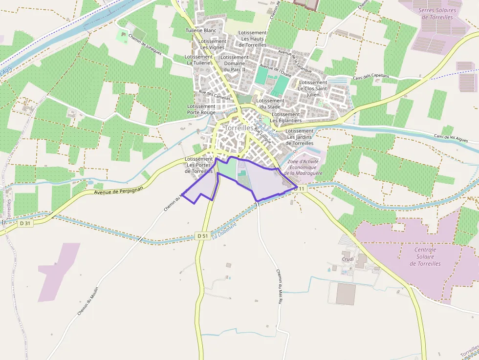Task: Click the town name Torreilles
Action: (239, 128)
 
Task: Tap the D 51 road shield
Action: (203, 236)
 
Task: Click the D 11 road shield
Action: (300, 188)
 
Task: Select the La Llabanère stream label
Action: (225, 232)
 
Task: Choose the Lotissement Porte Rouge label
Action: (201, 109)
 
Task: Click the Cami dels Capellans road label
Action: (371, 77)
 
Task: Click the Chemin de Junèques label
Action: (145, 45)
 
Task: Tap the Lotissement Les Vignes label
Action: (213, 44)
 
